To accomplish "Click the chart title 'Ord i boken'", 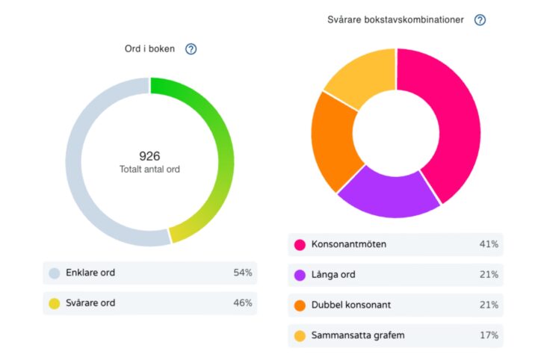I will [x=149, y=49].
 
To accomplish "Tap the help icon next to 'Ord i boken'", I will [x=191, y=49].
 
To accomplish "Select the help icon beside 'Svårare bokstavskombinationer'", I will [x=480, y=20].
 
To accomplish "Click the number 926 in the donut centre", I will [x=149, y=156].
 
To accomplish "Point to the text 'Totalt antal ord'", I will [x=149, y=170].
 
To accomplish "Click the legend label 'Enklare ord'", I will [x=90, y=273].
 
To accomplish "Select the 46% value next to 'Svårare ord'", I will [x=242, y=302].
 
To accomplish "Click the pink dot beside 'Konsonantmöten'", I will [x=300, y=245].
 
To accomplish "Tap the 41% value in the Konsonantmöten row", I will [x=489, y=244].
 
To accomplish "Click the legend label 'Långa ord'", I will [x=333, y=275].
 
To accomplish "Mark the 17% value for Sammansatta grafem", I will [x=489, y=335].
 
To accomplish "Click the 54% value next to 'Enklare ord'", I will [x=242, y=273].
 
